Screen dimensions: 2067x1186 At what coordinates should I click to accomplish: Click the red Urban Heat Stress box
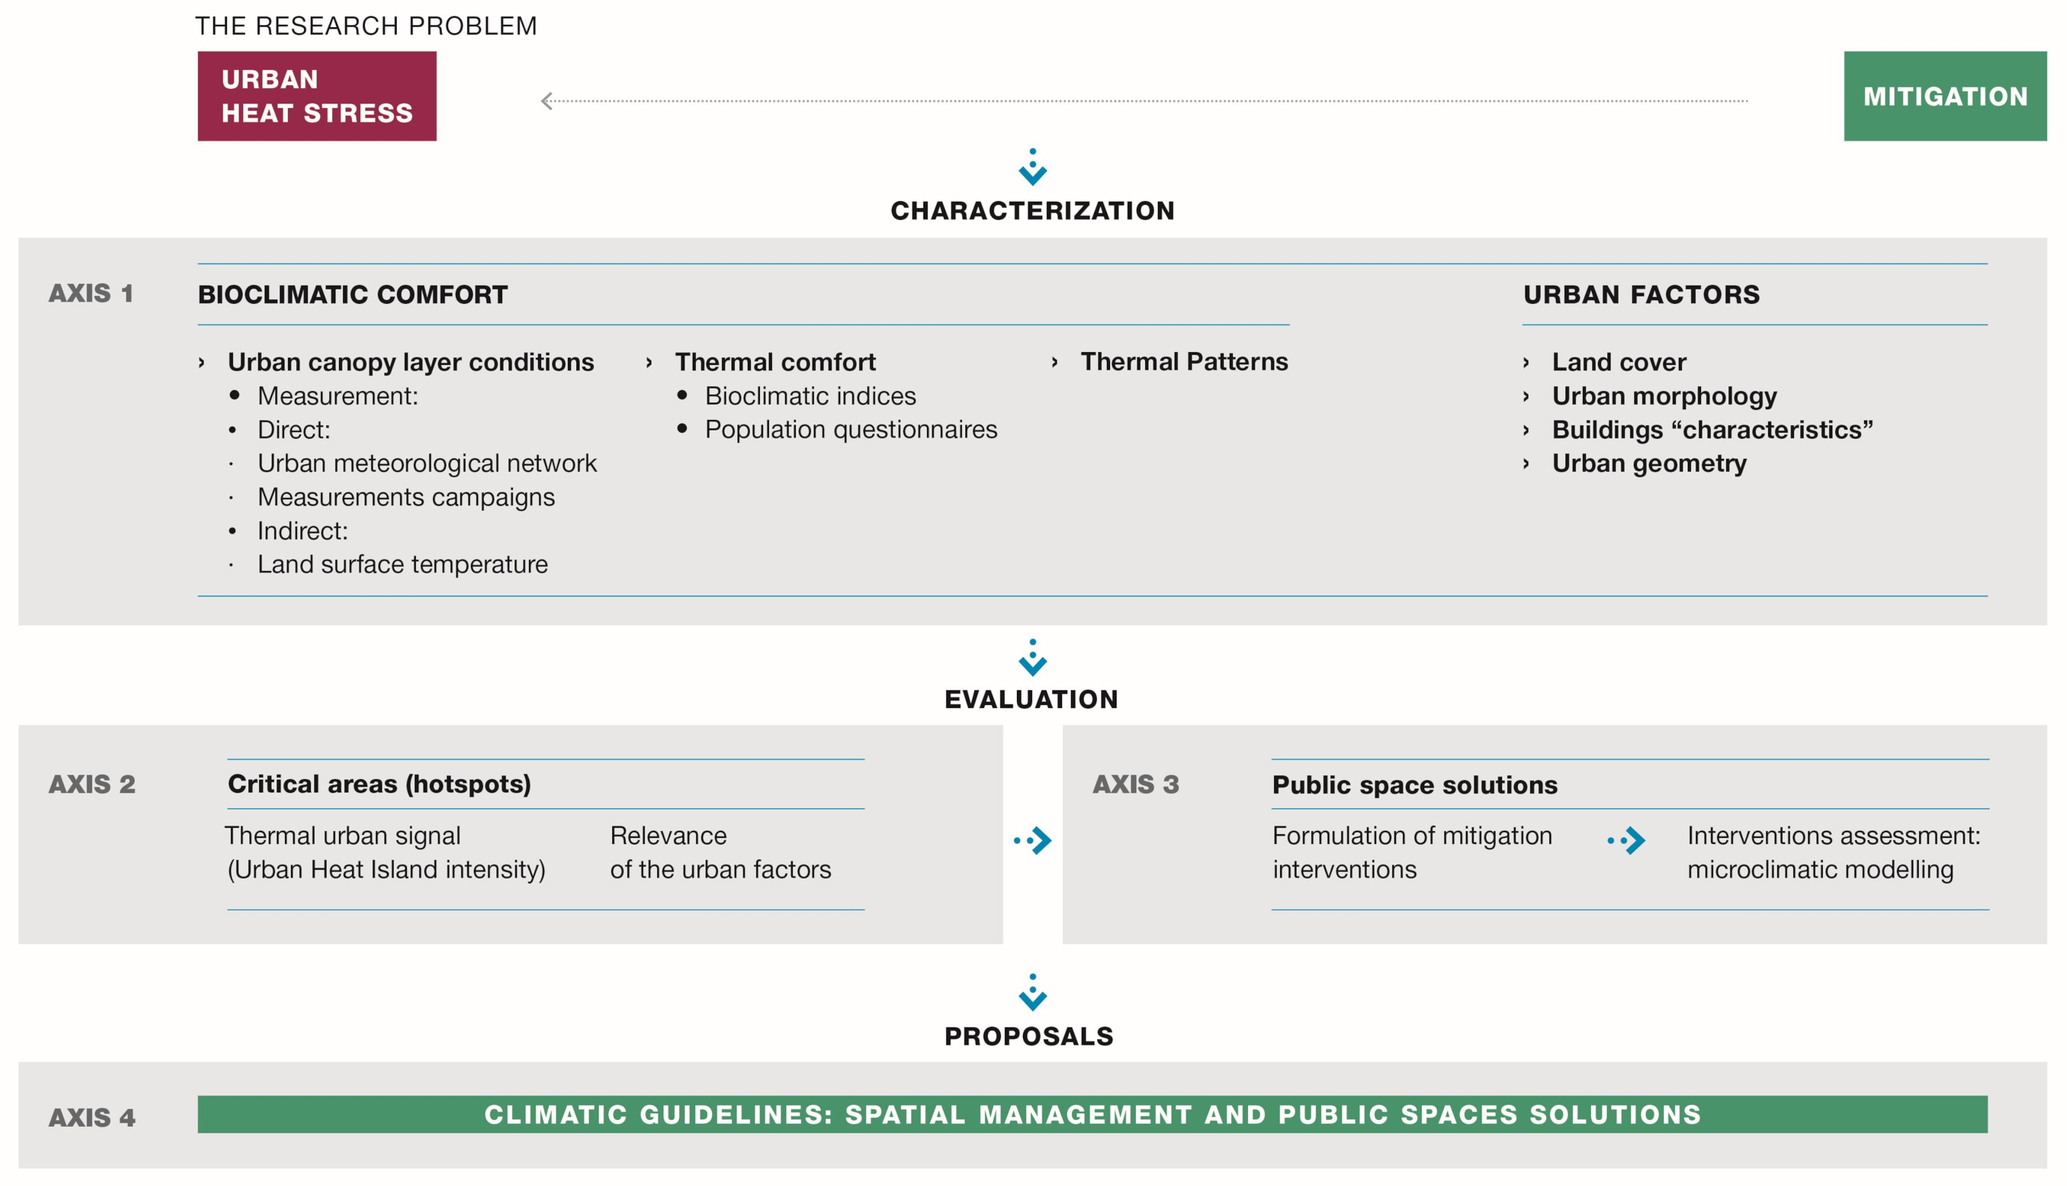317,96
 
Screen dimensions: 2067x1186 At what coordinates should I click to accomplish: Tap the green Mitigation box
1945,96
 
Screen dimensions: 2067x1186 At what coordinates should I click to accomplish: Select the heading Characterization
1033,211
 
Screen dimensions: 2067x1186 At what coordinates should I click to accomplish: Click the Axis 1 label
90,293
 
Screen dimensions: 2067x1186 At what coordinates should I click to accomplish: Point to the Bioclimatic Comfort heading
353,294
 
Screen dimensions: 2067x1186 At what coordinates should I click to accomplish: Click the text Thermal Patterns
1184,362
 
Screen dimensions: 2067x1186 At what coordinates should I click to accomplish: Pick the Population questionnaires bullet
851,429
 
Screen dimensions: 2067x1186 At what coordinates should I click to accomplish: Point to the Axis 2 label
92,784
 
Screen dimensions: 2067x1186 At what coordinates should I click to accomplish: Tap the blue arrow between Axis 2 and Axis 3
1033,840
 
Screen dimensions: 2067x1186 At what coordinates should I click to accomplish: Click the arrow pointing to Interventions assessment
1626,840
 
